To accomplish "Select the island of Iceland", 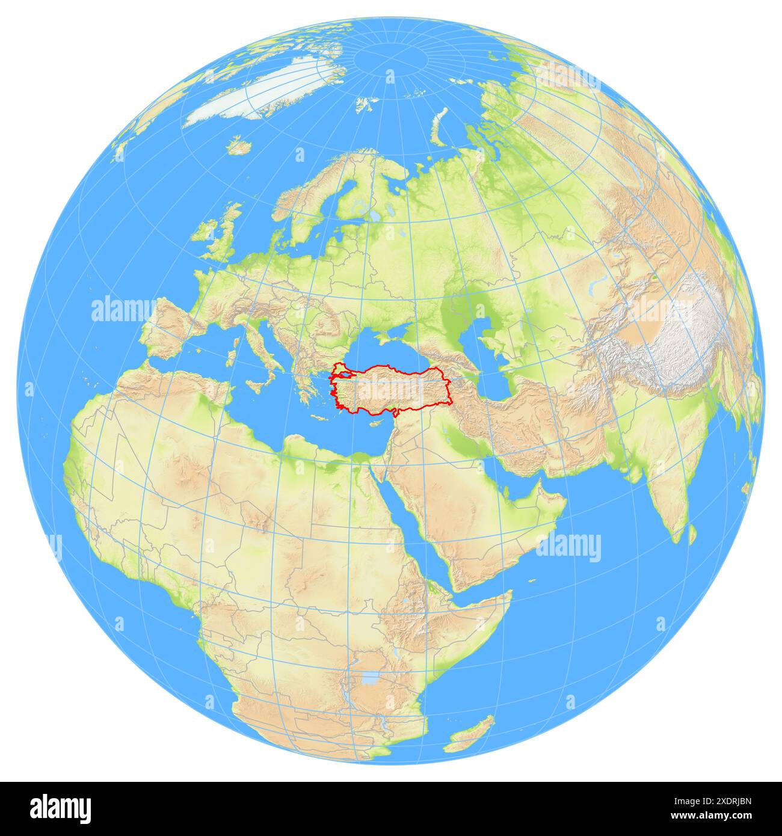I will coord(240,146).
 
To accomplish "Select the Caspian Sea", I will coord(490,349).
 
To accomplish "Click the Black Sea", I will coord(385,349).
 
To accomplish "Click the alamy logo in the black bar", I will coord(61,807).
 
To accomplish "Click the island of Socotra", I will coord(532,581).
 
